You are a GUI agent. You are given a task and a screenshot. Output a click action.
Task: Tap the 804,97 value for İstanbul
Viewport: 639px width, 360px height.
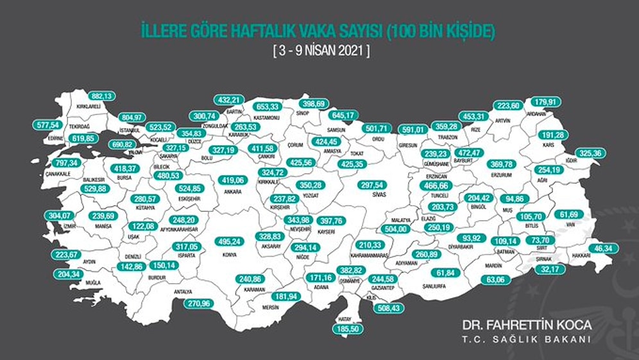coord(136,117)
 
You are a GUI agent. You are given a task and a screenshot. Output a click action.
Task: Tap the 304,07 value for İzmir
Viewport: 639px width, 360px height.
coord(59,216)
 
